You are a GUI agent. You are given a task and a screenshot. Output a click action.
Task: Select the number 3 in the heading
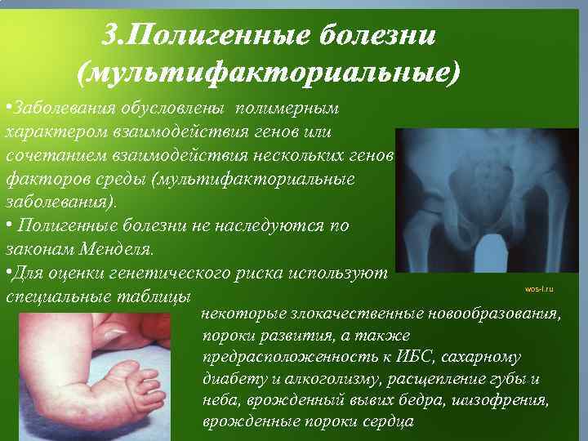(x=113, y=36)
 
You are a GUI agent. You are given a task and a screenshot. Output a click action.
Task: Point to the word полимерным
(x=289, y=109)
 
